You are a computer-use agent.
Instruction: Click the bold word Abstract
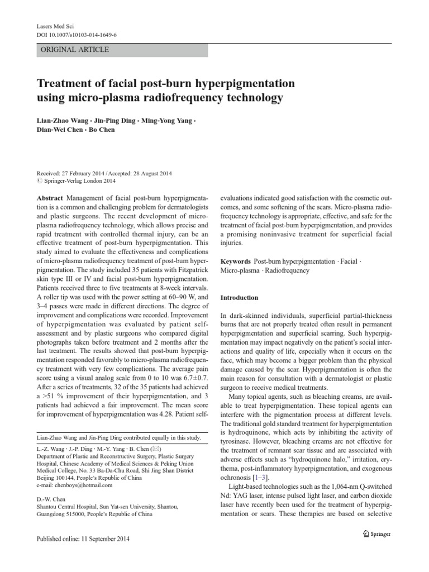[50, 198]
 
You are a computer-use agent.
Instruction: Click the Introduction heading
[239, 298]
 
